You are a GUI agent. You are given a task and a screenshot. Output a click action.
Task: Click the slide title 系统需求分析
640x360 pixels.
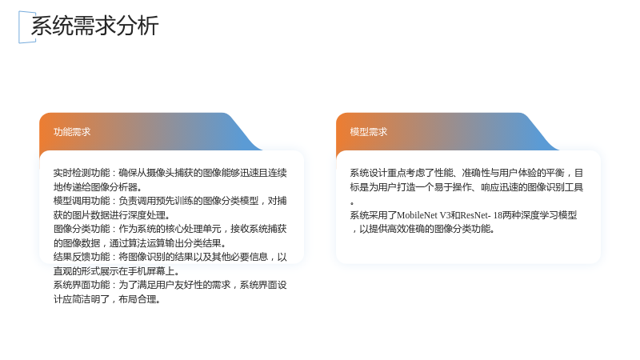click(x=94, y=26)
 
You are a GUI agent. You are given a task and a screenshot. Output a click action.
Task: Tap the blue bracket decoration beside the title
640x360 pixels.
click(x=19, y=27)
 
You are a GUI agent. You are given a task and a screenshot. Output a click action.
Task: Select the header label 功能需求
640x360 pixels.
click(x=72, y=132)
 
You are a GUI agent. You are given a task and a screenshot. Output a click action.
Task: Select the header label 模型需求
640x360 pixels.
click(x=369, y=132)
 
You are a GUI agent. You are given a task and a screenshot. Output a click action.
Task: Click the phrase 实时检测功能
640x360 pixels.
click(x=82, y=173)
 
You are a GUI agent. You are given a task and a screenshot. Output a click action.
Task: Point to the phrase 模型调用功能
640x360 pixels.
click(x=82, y=201)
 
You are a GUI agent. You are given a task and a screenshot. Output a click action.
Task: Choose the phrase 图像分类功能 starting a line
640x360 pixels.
click(x=82, y=229)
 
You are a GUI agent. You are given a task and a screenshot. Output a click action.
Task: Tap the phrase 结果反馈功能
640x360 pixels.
click(x=82, y=257)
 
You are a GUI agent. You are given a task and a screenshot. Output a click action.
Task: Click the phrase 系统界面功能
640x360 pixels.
click(x=82, y=285)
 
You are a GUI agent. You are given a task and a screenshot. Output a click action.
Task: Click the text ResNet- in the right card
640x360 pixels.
click(x=475, y=215)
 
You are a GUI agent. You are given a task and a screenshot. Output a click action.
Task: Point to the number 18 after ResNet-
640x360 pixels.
click(x=498, y=215)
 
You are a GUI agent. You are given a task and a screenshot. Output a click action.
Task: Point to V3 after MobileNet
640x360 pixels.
click(x=446, y=215)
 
